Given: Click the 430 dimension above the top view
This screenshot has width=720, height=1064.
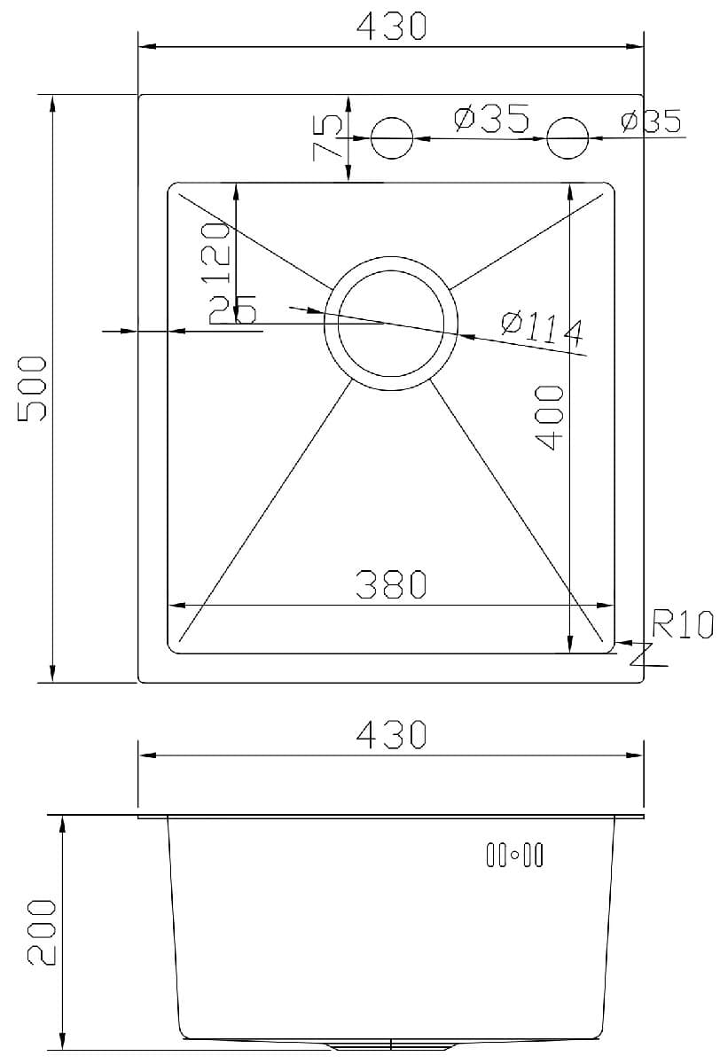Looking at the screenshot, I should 391,27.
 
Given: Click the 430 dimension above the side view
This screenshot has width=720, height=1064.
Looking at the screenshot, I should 391,734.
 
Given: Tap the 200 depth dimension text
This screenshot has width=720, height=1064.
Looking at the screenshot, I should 41,932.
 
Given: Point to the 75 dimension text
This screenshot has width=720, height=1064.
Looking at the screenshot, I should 326,136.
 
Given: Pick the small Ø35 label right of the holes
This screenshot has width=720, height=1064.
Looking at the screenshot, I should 651,121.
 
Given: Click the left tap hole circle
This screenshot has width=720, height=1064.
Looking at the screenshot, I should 391,138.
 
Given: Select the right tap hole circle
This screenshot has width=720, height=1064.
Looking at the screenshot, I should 567,138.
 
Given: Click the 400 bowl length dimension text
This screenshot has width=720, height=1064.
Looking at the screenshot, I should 550,417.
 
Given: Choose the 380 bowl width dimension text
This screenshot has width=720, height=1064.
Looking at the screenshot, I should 391,584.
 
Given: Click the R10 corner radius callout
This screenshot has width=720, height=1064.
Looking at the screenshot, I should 682,624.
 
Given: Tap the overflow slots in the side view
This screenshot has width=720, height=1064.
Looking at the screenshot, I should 514,855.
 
